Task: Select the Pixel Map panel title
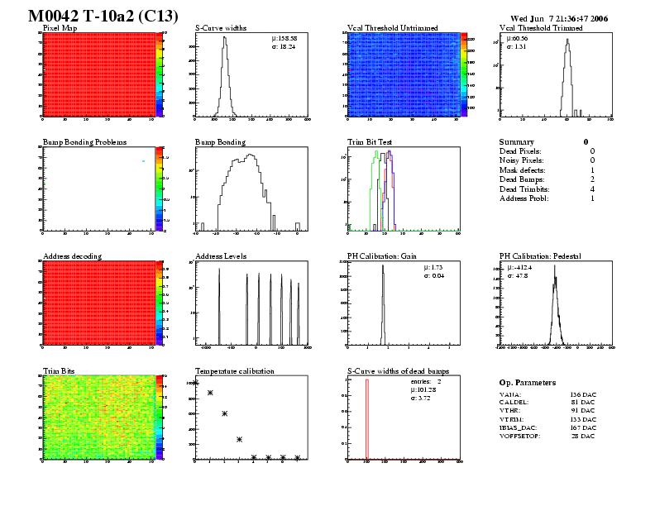(60, 28)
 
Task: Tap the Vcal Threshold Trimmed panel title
(541, 28)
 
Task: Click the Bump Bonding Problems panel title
(84, 142)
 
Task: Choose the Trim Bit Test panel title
(370, 142)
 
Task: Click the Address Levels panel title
(221, 256)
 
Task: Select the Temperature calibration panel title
(234, 371)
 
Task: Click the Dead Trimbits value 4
(592, 189)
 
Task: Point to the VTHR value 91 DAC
(583, 411)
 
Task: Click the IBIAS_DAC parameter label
(522, 427)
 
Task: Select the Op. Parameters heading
(528, 383)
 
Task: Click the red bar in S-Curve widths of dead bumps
(366, 418)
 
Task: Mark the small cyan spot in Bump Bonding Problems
(143, 160)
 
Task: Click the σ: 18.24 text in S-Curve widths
(286, 46)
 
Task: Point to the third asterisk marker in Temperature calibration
(224, 413)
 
